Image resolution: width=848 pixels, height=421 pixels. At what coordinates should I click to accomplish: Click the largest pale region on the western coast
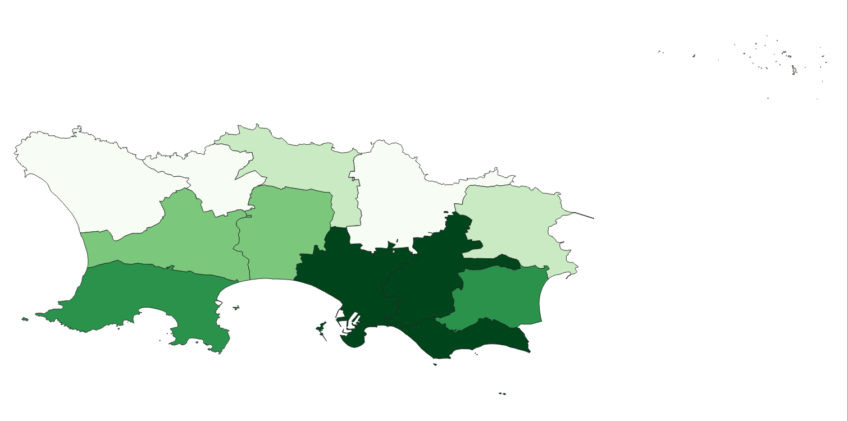(x=84, y=180)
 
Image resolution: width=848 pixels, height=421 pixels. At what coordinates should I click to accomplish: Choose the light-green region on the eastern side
(x=511, y=219)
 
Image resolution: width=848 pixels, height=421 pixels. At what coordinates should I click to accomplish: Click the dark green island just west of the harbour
(x=321, y=327)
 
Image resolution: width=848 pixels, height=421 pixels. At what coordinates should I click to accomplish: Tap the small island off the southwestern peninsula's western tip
(x=25, y=319)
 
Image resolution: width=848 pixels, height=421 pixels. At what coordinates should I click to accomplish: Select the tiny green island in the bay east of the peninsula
(x=236, y=307)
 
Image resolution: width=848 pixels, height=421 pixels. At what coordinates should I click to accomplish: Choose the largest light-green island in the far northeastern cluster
(x=794, y=70)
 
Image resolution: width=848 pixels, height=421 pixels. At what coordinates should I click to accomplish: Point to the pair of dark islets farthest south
(x=502, y=393)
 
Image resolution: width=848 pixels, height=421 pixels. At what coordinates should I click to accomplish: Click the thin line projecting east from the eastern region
(x=584, y=215)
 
